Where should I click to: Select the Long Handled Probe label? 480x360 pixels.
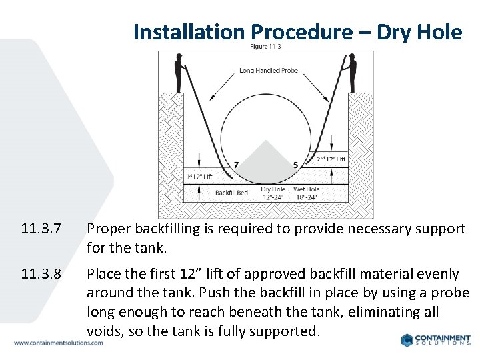click(x=268, y=70)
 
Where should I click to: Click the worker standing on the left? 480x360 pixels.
click(x=178, y=74)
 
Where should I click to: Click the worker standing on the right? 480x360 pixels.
click(x=352, y=74)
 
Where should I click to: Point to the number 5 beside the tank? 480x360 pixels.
click(x=295, y=165)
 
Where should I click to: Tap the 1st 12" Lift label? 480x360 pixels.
click(x=199, y=177)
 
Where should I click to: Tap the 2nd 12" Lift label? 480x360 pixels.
click(x=331, y=159)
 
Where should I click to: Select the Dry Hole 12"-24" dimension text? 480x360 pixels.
click(x=273, y=193)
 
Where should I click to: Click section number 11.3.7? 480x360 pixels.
click(x=41, y=229)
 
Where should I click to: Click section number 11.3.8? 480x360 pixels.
click(x=41, y=274)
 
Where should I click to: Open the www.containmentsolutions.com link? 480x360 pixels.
click(x=59, y=343)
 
